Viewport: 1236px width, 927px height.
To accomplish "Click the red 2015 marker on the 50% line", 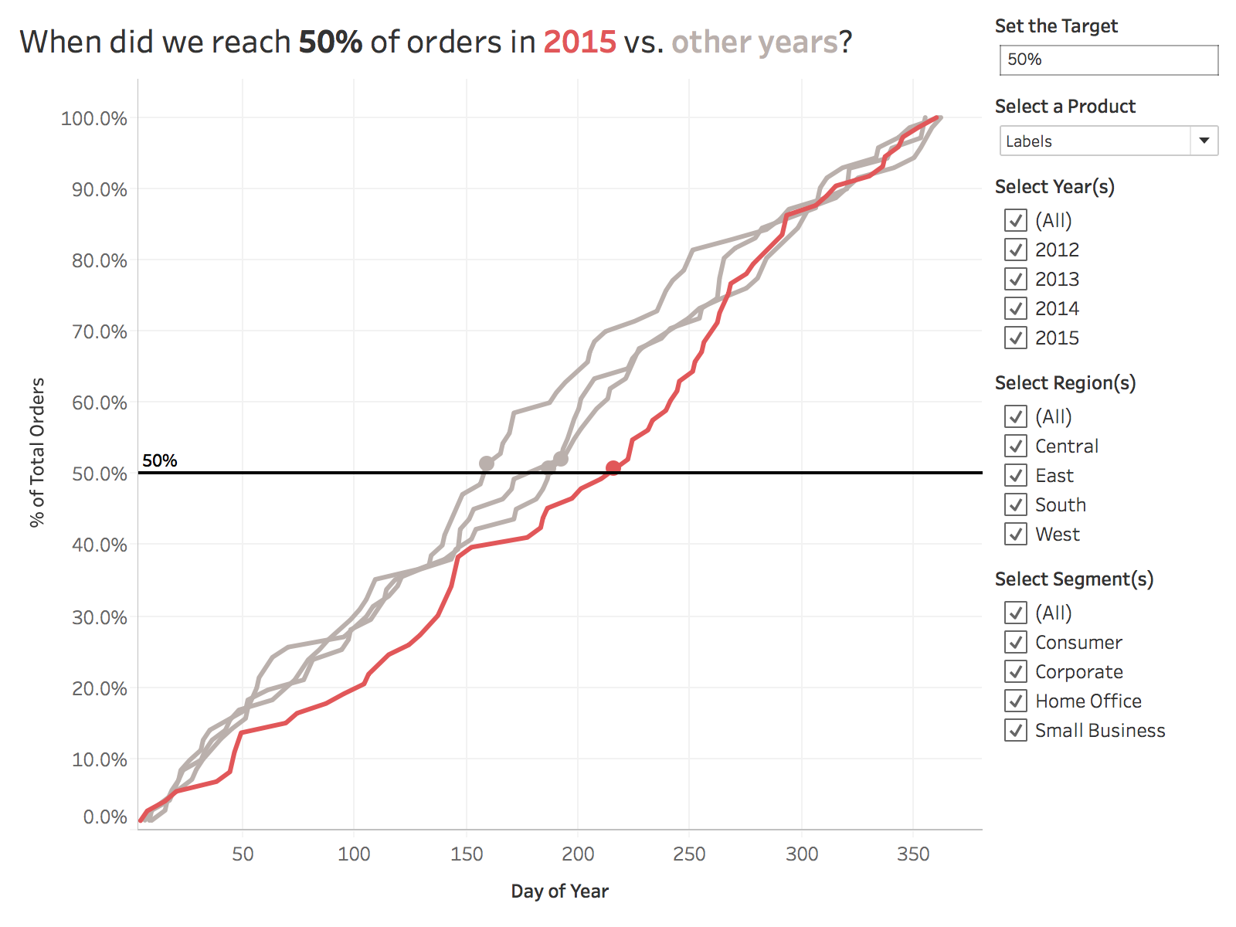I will [x=613, y=467].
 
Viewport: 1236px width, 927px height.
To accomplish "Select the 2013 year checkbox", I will [x=1016, y=279].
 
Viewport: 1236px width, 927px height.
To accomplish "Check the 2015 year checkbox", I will [x=1016, y=338].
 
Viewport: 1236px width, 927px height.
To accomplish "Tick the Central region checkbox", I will [x=1016, y=446].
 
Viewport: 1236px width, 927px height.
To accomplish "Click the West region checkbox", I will [x=1016, y=534].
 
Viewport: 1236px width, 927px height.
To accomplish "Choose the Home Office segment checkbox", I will [x=1016, y=701].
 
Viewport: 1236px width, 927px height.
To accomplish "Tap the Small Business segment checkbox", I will [x=1016, y=730].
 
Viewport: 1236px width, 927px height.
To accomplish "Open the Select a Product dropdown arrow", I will [x=1204, y=141].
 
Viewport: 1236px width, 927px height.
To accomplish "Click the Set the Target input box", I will [x=1109, y=60].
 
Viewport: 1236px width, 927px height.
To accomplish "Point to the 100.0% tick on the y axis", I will [x=94, y=118].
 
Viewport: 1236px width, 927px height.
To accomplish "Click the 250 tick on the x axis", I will [x=689, y=854].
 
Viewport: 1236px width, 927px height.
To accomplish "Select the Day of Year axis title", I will [x=559, y=891].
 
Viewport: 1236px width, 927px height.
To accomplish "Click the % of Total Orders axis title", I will [x=37, y=453].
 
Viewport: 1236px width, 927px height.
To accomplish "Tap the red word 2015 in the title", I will [x=579, y=42].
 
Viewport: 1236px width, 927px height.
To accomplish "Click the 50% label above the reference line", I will [x=160, y=460].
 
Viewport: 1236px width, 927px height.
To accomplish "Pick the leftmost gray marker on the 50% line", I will [x=486, y=463].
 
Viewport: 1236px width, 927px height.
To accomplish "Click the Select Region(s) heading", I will [x=1065, y=383].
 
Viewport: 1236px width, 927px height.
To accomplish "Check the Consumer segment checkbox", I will [x=1016, y=642].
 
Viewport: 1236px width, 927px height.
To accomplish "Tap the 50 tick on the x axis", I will [x=243, y=854].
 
